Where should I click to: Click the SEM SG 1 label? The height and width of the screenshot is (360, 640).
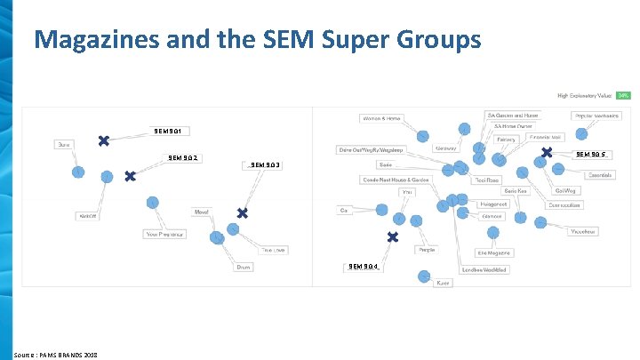tap(168, 132)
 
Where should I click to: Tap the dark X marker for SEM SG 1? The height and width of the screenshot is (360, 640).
tap(104, 140)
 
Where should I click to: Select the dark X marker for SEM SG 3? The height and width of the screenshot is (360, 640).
tap(242, 213)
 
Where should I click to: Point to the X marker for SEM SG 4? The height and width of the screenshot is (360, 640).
tap(392, 237)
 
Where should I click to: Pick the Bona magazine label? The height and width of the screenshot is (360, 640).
tap(63, 143)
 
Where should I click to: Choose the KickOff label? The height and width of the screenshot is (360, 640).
tap(87, 216)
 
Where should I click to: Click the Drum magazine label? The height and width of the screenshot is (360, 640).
tap(243, 267)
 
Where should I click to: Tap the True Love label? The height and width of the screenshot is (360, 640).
tap(273, 250)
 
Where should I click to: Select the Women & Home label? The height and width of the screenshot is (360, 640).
tap(382, 118)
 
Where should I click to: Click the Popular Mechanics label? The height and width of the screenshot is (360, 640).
tap(596, 116)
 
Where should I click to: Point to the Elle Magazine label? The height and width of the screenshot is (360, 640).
tap(494, 253)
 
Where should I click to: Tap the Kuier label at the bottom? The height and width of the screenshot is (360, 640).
tap(443, 283)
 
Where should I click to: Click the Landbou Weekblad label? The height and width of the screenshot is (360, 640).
tap(483, 269)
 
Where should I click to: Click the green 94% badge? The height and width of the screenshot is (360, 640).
tap(623, 95)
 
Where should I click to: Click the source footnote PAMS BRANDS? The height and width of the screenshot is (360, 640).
tap(56, 354)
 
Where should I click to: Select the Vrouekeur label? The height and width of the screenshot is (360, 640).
tap(583, 231)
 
